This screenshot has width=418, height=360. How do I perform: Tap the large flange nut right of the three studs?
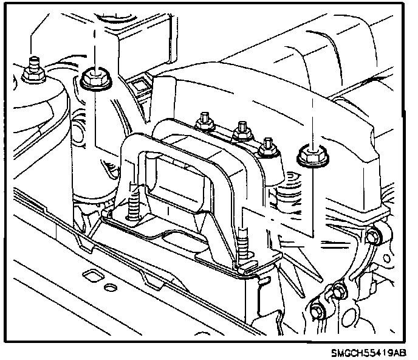[310, 156]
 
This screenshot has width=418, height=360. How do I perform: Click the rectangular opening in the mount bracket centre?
[176, 176]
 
